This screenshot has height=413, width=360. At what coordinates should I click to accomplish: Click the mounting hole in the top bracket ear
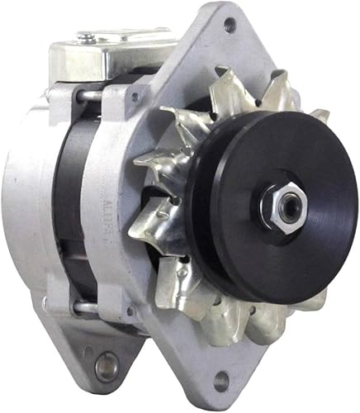click(228, 25)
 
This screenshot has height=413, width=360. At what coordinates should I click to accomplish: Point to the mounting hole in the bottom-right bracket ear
click(220, 381)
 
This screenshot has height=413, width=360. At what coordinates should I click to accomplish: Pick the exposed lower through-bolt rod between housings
click(84, 308)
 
